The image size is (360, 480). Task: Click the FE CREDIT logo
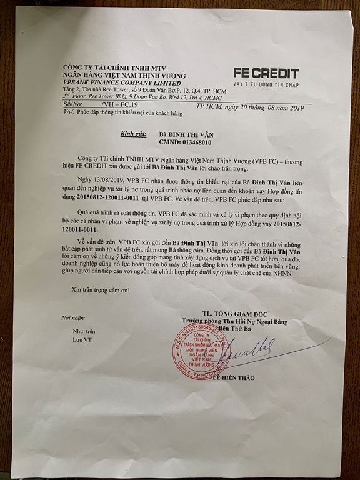(x=266, y=73)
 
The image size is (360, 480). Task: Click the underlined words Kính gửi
(x=131, y=134)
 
